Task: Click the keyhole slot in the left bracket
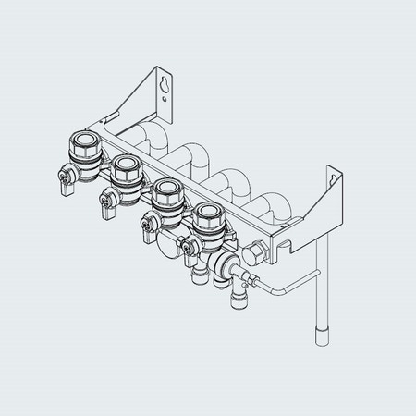point(165,86)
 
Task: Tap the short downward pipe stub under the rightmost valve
point(232,297)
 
